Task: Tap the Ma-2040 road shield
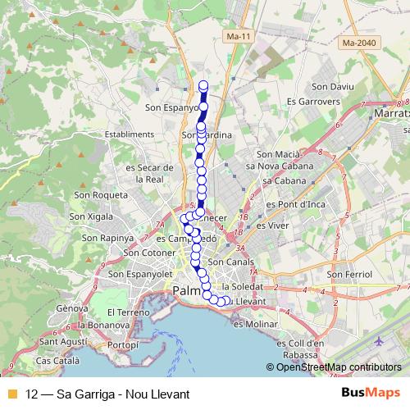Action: [x=360, y=43]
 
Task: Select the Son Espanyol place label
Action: [x=172, y=107]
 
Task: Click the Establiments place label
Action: [x=130, y=134]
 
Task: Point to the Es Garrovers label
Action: [x=312, y=101]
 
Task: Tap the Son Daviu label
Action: [x=332, y=86]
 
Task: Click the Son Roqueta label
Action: [x=101, y=195]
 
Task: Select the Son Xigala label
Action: [x=90, y=216]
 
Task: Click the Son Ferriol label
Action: [x=349, y=274]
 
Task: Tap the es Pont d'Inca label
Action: [x=291, y=203]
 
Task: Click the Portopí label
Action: [x=123, y=344]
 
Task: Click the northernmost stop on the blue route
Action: [x=204, y=84]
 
